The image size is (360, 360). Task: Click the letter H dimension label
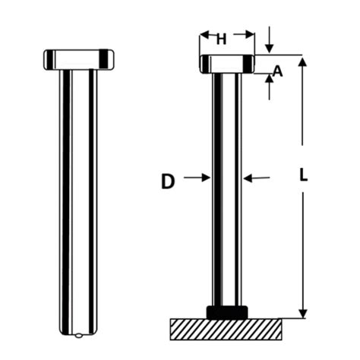tap(221, 39)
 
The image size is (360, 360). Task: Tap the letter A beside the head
tap(277, 71)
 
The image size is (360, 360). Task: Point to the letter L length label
tap(303, 174)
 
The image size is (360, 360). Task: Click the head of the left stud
tap(79, 58)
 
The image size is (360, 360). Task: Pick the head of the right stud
tap(226, 63)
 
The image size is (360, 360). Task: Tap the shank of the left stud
tap(79, 197)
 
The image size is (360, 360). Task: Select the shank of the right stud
tap(226, 190)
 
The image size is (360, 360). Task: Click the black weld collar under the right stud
tap(226, 311)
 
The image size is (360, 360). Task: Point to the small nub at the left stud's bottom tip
tap(80, 335)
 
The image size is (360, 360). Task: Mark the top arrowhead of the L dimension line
tap(302, 62)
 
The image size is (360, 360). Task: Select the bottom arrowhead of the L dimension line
tap(302, 312)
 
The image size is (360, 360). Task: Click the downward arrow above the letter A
tap(269, 48)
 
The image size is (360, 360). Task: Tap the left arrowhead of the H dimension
tap(204, 34)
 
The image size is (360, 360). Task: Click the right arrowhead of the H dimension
tap(250, 34)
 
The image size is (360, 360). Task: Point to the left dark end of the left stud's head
tap(48, 58)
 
